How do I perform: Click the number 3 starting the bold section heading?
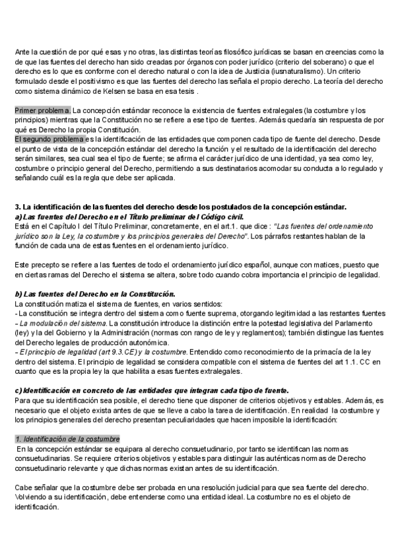[16, 208]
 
